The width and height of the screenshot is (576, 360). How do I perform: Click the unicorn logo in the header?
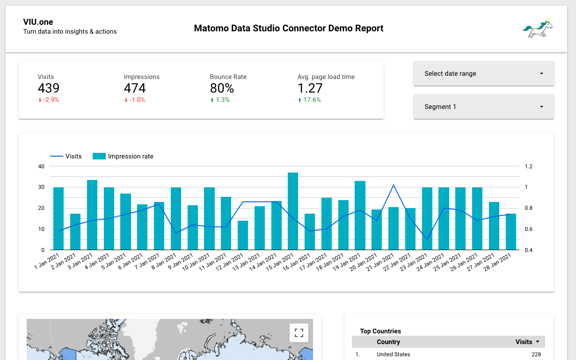click(x=538, y=28)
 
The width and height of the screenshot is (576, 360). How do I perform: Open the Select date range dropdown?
click(x=483, y=73)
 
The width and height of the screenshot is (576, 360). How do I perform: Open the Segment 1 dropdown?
click(x=483, y=107)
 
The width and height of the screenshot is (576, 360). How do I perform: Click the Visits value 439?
click(x=49, y=88)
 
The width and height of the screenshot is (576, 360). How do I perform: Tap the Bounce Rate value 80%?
click(x=222, y=88)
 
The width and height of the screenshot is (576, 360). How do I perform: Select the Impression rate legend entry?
click(x=124, y=156)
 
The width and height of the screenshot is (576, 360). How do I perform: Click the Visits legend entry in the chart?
click(x=66, y=156)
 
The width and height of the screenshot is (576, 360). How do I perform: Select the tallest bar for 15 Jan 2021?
click(x=293, y=210)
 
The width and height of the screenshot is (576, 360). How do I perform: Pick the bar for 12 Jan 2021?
click(x=243, y=235)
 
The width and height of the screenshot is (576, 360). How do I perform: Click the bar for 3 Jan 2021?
click(x=92, y=214)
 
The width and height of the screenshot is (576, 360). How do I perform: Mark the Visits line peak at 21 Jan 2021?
click(x=394, y=185)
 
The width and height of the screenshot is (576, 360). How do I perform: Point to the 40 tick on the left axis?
click(x=42, y=166)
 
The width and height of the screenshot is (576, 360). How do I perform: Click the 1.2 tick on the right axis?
click(x=529, y=166)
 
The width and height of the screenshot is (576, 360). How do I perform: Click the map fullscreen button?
click(x=299, y=333)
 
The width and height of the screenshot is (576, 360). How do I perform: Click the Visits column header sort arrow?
click(x=538, y=342)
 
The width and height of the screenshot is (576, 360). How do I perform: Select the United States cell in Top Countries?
click(x=393, y=354)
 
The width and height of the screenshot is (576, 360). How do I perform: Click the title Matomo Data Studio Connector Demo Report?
click(x=288, y=29)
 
